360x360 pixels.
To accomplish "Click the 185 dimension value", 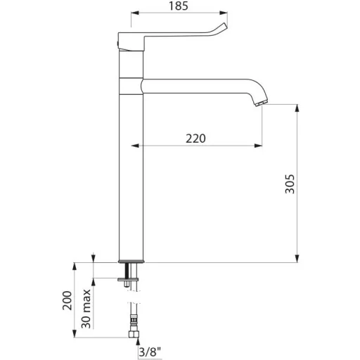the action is pyautogui.click(x=179, y=6).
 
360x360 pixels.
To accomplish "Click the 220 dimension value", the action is pyautogui.click(x=195, y=139).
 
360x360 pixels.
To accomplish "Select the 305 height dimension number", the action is pyautogui.click(x=290, y=184).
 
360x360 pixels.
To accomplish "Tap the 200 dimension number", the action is pyautogui.click(x=67, y=300).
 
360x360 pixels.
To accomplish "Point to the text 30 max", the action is pyautogui.click(x=86, y=309).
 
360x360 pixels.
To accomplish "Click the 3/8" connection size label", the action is pyautogui.click(x=150, y=352).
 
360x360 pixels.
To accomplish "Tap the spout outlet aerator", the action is pyautogui.click(x=262, y=103).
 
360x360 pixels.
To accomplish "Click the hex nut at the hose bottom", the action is pyautogui.click(x=134, y=334).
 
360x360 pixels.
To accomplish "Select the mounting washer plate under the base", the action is pyautogui.click(x=128, y=279).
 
